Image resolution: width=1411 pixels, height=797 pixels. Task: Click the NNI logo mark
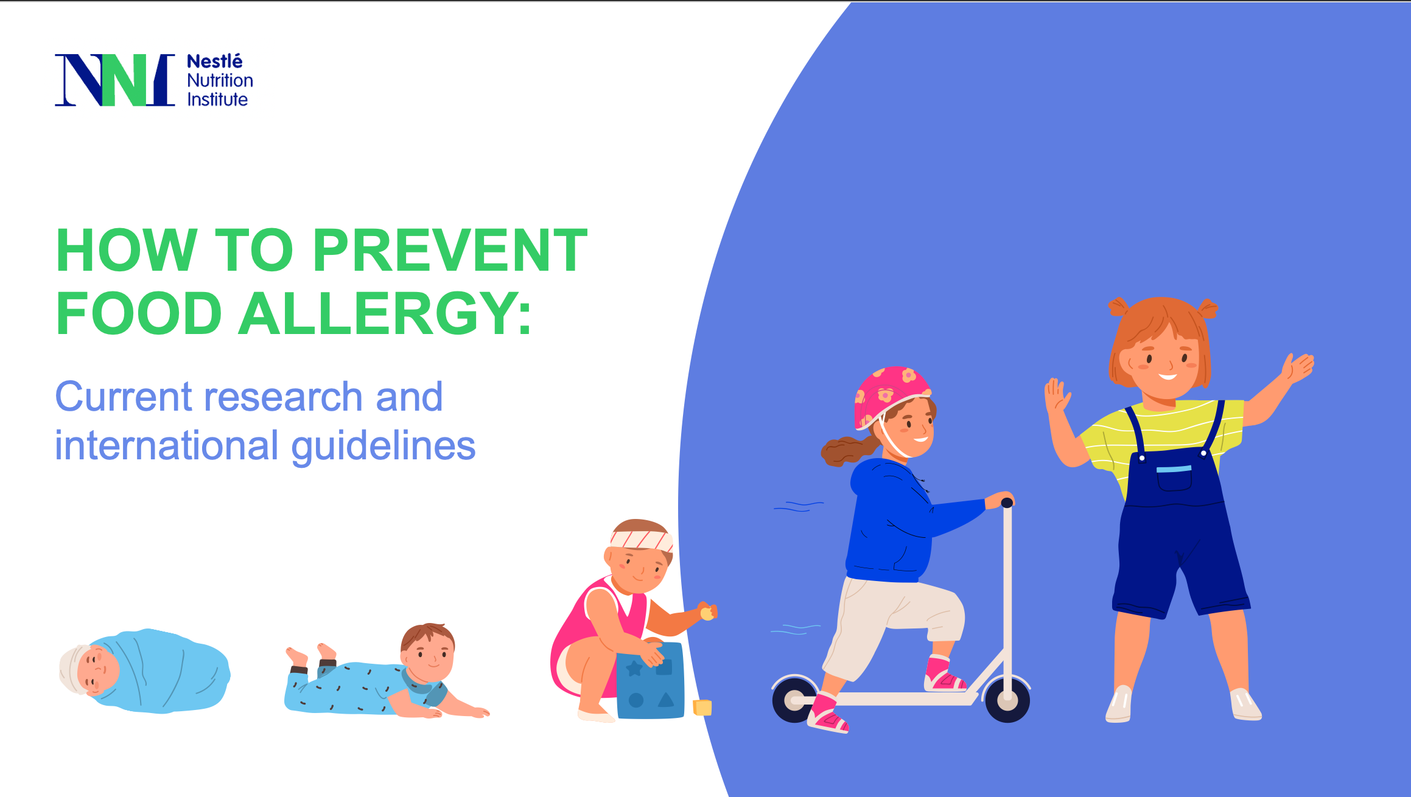pos(114,80)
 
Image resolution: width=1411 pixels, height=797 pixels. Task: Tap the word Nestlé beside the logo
pos(214,61)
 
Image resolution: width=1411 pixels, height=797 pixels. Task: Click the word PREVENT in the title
pos(450,250)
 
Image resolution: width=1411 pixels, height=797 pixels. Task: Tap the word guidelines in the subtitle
pos(383,445)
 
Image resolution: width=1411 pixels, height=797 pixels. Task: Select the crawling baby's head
pos(428,652)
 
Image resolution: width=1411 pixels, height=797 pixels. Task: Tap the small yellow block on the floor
pos(702,708)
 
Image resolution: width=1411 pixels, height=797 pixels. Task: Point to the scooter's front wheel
pos(1007,700)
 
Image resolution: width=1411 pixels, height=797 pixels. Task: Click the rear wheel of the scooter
pos(794,700)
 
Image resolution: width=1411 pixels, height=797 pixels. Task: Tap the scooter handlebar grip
pos(1006,503)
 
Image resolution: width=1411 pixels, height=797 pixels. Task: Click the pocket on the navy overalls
pos(1174,478)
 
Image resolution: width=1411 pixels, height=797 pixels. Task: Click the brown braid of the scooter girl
pos(846,450)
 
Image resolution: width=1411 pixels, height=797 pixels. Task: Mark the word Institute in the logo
pos(217,99)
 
